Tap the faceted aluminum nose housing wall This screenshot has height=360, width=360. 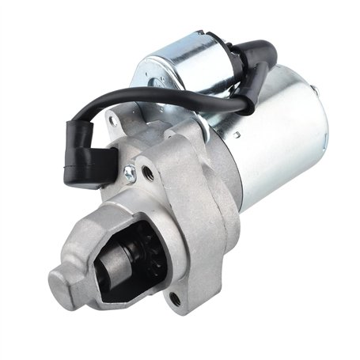[87, 237]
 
